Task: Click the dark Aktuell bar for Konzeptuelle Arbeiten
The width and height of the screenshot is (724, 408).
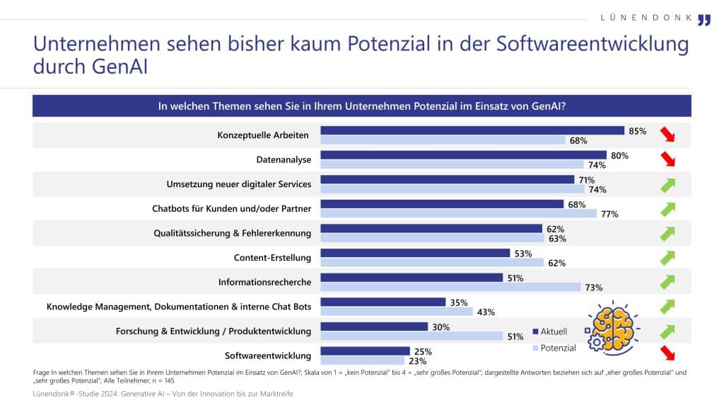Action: pyautogui.click(x=472, y=130)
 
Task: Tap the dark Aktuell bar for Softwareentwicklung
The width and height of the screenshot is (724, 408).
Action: pyautogui.click(x=366, y=351)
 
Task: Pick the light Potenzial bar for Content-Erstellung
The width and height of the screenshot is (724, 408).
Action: pyautogui.click(x=432, y=262)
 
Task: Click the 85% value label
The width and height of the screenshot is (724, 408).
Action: pyautogui.click(x=637, y=130)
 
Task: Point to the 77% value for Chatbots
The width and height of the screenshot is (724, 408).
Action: pyautogui.click(x=609, y=213)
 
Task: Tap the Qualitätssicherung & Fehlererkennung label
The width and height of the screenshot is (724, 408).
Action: pyautogui.click(x=233, y=232)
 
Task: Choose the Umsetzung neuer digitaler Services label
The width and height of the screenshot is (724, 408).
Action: pyautogui.click(x=238, y=184)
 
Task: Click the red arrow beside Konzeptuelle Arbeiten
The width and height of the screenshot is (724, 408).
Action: pyautogui.click(x=667, y=135)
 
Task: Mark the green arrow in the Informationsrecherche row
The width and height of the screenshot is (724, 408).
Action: pyautogui.click(x=667, y=281)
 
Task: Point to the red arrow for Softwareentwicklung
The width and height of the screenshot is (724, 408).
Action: pyautogui.click(x=667, y=354)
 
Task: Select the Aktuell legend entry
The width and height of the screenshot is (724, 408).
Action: pyautogui.click(x=555, y=331)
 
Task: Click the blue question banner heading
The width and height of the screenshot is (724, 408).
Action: pyautogui.click(x=361, y=106)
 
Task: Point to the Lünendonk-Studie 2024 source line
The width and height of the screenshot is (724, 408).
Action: pyautogui.click(x=163, y=394)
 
